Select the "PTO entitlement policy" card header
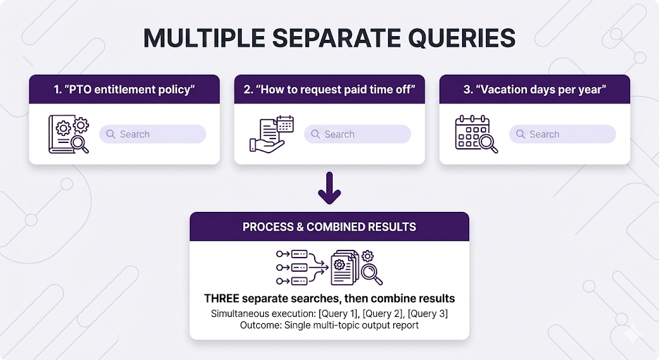tap(124, 90)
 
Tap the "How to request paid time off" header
tap(329, 90)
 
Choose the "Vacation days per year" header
tap(534, 90)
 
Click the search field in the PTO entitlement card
tap(153, 134)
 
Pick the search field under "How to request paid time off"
tap(357, 134)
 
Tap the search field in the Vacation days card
tap(562, 134)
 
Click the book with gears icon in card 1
tap(69, 134)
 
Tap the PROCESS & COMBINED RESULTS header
tap(329, 227)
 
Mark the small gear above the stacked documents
tap(367, 256)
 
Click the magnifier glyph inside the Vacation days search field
tap(520, 134)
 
